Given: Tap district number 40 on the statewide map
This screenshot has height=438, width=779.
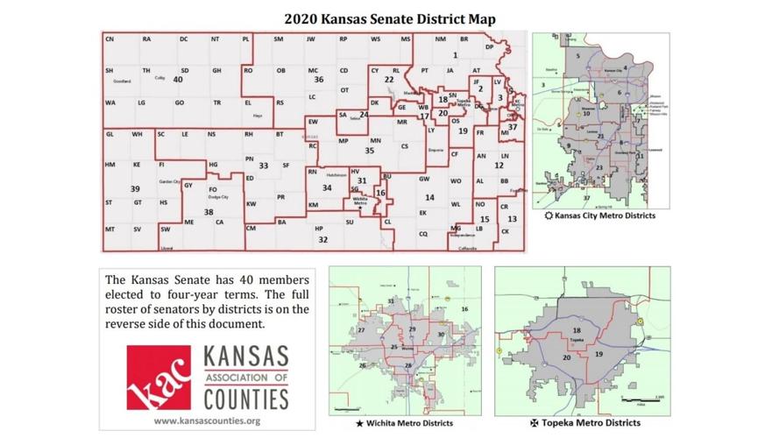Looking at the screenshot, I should pos(177,79).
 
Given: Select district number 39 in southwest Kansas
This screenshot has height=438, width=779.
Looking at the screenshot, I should pos(135,188).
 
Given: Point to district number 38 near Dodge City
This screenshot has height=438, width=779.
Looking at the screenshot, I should pos(209,212).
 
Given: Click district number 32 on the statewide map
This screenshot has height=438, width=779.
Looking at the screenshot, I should pos(322,239).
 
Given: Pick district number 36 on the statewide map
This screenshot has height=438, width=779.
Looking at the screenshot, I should pos(319,79).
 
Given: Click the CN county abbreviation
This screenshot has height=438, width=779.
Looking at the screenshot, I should pos(110,39).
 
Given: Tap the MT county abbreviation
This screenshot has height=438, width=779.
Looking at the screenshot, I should pos(110,229).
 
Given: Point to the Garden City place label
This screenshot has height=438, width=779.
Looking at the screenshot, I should pos(169,181).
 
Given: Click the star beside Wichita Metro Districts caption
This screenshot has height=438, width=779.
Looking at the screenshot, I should pos(359,423).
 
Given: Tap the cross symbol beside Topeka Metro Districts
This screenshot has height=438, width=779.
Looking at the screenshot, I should pos(535,423).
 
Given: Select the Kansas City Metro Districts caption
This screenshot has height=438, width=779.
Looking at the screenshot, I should pos(605,215).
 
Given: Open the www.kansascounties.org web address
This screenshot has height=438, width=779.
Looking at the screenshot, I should pos(208,420).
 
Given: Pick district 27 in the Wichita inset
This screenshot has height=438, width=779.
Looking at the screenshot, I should pos(361,330).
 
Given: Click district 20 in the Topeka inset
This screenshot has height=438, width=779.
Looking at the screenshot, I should pos(567,357).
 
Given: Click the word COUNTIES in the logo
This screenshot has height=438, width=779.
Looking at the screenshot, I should pos(246,399).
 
